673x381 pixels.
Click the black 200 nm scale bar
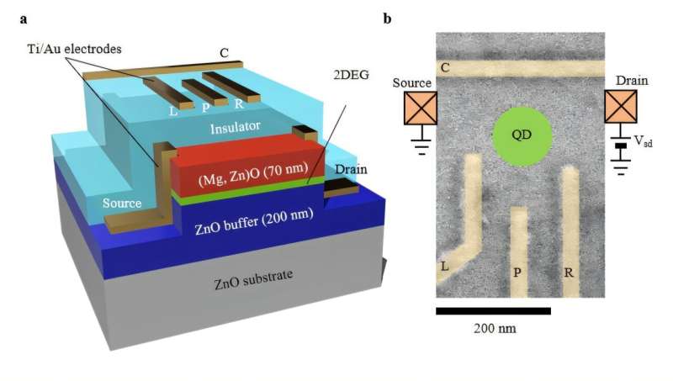click(x=493, y=310)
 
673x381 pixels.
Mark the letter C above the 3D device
click(x=224, y=53)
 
